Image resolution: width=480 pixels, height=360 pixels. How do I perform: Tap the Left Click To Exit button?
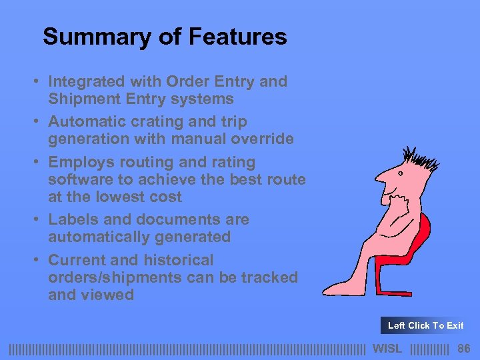tap(425, 325)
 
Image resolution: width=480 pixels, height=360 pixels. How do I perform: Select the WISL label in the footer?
tap(387, 348)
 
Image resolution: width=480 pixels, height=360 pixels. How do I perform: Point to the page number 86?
tap(464, 348)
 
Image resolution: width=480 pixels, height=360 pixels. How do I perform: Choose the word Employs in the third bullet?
tap(79, 162)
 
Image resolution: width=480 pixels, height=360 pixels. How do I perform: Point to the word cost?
tap(167, 197)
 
